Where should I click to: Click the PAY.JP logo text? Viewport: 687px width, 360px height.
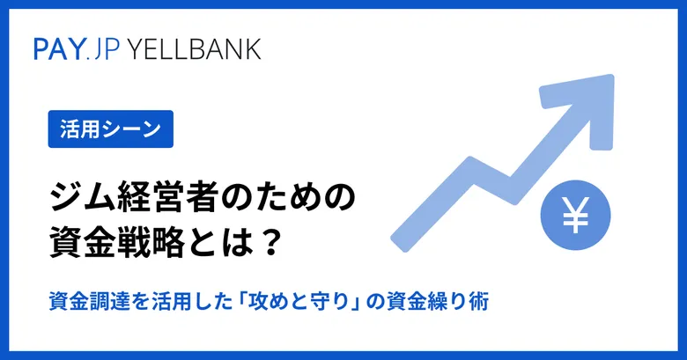coord(77,49)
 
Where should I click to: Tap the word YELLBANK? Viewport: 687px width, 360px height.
coord(195,49)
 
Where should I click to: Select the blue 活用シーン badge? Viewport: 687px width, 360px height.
coord(111,129)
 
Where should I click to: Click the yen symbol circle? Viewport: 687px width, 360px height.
coord(575,215)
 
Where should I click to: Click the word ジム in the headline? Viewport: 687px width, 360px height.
coord(77,199)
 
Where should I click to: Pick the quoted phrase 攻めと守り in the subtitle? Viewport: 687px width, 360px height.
coord(299,302)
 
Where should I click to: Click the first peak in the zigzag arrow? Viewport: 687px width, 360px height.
coord(471,161)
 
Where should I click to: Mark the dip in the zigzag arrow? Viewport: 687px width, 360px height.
coord(513,199)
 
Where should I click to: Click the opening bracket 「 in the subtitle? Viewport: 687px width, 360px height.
coord(240,302)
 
